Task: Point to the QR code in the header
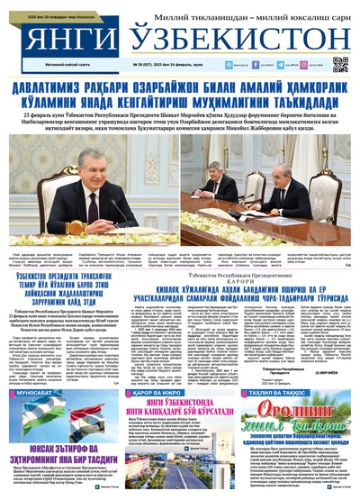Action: (339, 64)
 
